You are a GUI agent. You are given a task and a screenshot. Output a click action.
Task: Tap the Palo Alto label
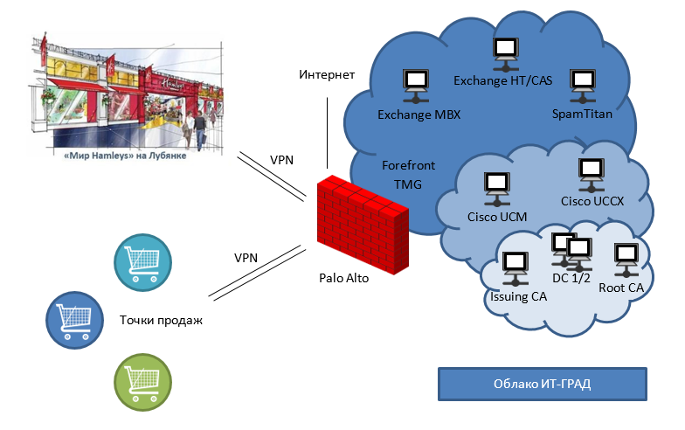pos(344,277)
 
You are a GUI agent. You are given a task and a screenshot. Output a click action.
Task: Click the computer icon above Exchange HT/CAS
pos(505,52)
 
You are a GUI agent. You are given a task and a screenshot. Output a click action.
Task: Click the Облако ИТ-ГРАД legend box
pos(542,385)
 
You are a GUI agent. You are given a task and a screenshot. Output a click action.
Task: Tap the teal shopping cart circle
pos(144,260)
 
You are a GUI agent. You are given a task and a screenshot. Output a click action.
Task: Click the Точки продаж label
pos(161,320)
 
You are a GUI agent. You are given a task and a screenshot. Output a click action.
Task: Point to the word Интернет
pos(327,74)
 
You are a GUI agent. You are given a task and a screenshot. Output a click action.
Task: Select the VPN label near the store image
pos(282,160)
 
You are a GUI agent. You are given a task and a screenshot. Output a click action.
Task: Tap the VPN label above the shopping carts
pos(246,258)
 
